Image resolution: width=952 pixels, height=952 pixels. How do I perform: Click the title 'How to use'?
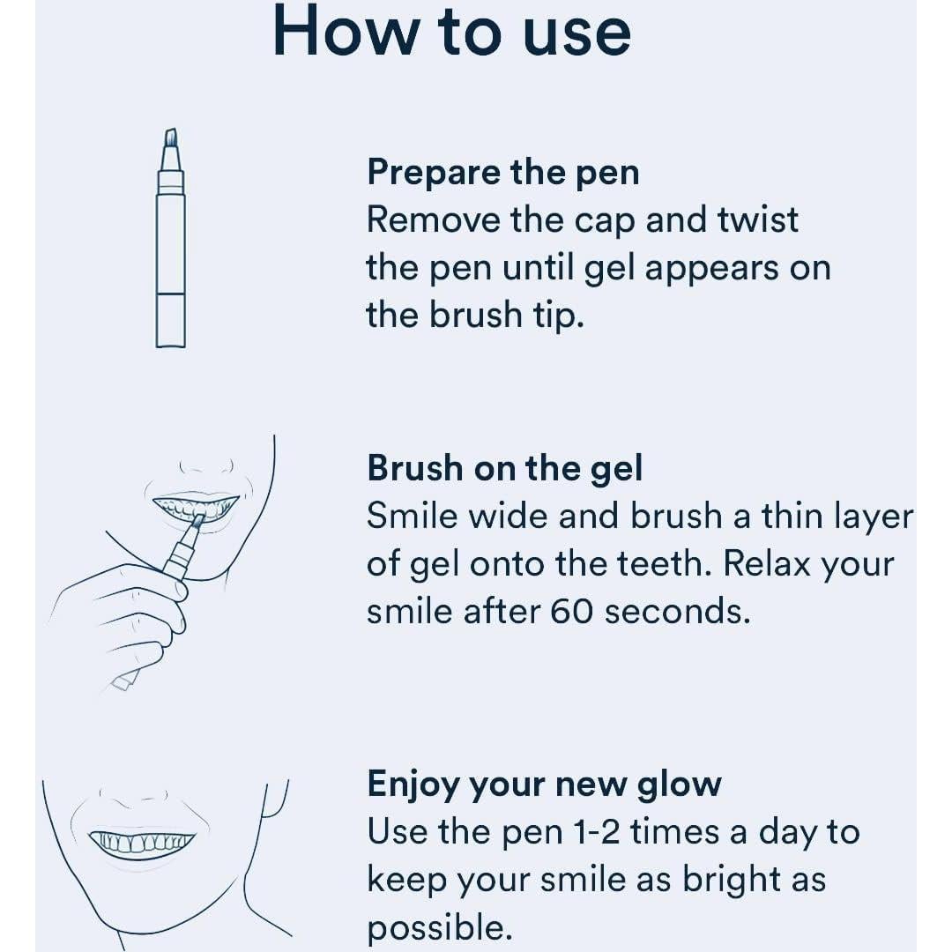[451, 32]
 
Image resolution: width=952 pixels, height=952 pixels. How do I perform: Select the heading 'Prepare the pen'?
[503, 174]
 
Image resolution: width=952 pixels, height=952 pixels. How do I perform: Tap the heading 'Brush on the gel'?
[504, 469]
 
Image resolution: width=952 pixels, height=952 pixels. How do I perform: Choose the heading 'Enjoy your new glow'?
[545, 785]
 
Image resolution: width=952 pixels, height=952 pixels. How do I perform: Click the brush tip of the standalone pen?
[171, 138]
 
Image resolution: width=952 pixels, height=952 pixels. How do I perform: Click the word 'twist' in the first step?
[758, 219]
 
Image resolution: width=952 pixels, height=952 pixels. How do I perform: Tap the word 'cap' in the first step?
[604, 222]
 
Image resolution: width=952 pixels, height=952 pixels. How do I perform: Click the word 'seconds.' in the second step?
[678, 612]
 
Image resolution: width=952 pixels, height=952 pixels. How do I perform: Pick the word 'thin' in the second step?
[792, 516]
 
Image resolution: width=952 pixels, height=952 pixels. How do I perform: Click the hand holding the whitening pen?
[118, 620]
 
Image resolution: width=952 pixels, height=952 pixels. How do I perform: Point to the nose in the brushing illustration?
[206, 467]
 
